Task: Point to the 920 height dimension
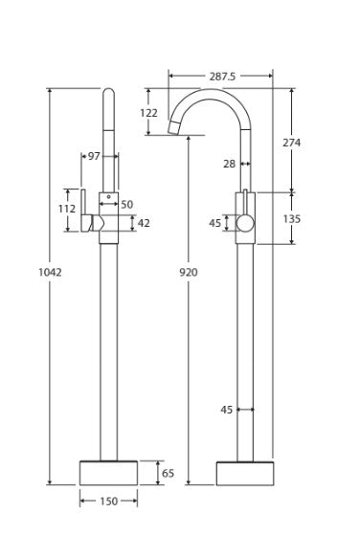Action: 189,273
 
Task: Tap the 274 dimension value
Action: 292,143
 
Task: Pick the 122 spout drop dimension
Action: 148,113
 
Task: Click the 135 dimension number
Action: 292,219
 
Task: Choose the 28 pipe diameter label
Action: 229,165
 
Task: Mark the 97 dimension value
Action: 94,156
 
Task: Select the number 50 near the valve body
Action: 127,205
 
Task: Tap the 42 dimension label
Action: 145,224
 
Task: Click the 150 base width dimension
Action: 107,501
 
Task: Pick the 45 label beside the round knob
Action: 215,224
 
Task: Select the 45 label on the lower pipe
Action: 227,410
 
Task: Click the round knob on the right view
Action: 246,224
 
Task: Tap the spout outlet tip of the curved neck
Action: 176,124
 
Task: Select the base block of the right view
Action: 245,473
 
